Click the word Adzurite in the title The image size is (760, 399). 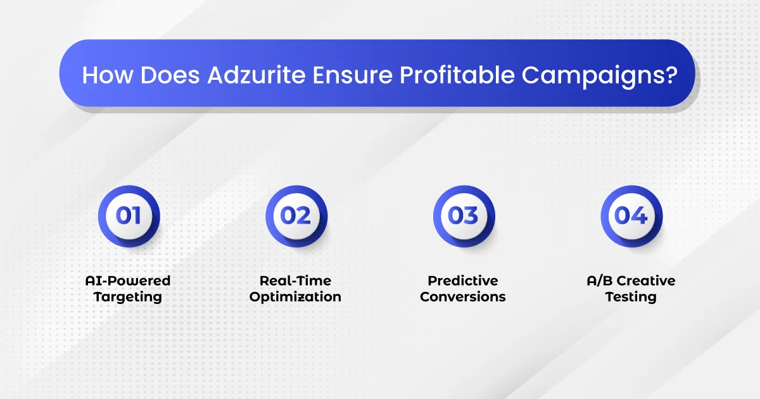[x=256, y=75]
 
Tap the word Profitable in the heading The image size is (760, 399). [x=457, y=75]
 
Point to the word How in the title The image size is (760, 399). [x=108, y=75]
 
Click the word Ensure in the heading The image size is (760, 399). [x=353, y=75]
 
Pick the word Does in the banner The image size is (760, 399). [x=170, y=75]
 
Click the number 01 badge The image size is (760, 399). [x=129, y=216]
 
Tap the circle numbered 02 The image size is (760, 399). [x=296, y=216]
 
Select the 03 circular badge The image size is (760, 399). [x=464, y=216]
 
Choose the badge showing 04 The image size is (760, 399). [x=631, y=216]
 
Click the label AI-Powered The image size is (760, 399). [x=127, y=281]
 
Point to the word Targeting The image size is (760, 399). [x=127, y=297]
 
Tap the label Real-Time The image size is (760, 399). [x=295, y=281]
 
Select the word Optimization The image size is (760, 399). [x=295, y=297]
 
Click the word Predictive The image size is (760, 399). [x=463, y=281]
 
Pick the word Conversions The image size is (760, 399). [x=463, y=297]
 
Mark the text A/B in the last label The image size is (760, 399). [x=600, y=281]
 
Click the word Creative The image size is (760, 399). [x=646, y=281]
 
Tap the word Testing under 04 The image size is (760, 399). [x=631, y=297]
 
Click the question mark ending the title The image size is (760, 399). [x=671, y=75]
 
